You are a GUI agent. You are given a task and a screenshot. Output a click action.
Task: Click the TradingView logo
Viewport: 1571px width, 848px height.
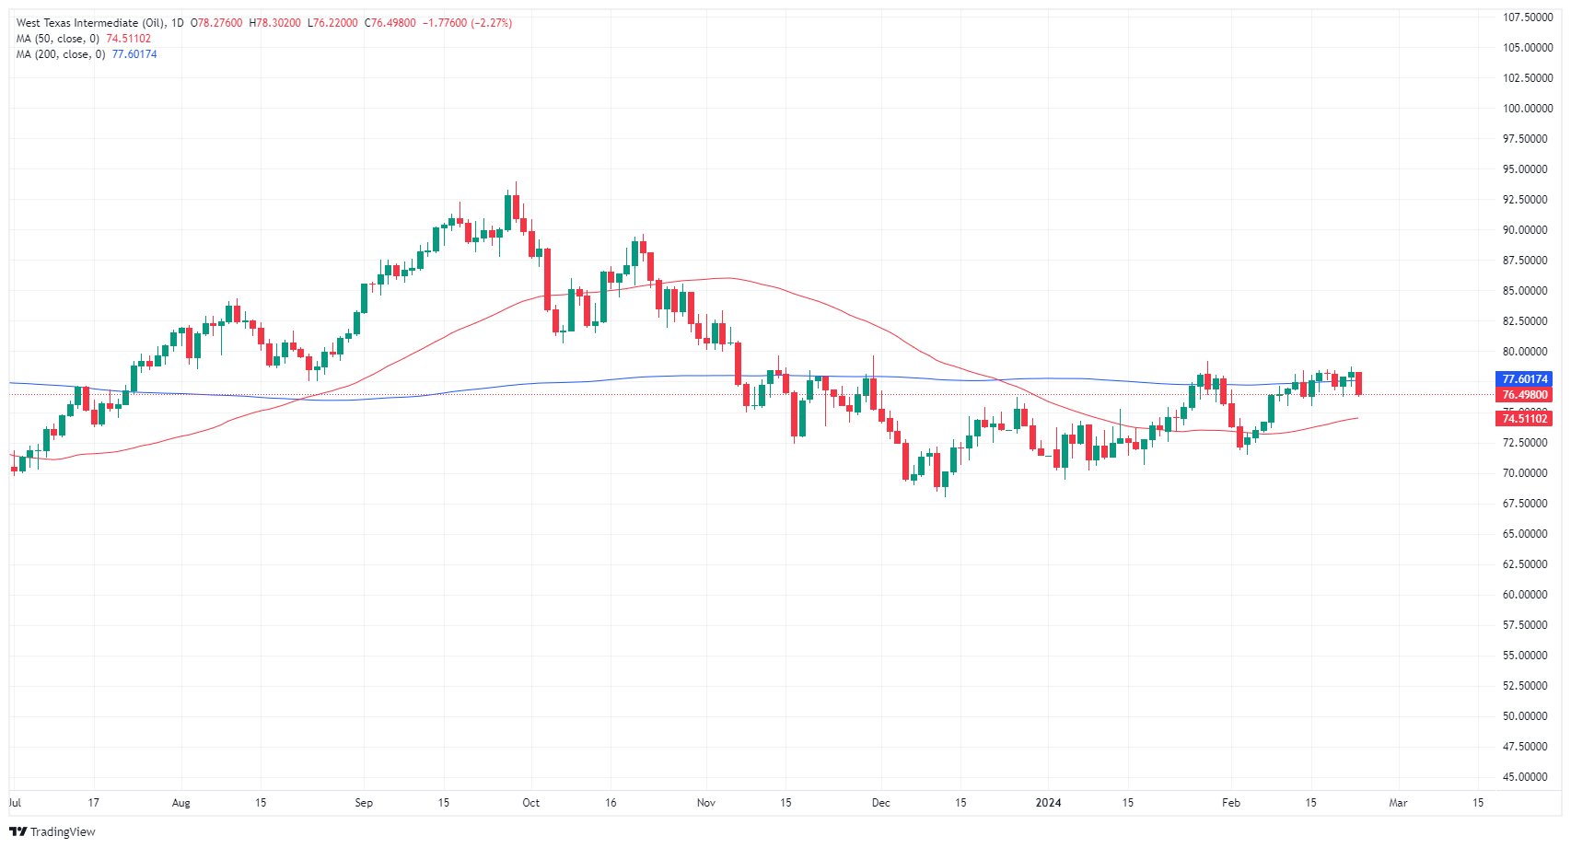tap(52, 831)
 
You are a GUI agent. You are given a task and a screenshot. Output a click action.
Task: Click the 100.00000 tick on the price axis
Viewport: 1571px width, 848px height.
tap(1527, 109)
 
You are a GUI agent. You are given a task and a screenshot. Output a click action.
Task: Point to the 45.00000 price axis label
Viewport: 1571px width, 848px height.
tap(1527, 777)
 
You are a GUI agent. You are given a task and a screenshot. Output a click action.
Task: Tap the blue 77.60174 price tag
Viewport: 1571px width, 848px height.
tap(1525, 379)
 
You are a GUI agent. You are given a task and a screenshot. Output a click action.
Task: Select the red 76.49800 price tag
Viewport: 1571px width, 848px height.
tap(1525, 395)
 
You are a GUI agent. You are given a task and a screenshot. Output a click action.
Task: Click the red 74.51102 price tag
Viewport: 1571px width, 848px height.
tap(1525, 419)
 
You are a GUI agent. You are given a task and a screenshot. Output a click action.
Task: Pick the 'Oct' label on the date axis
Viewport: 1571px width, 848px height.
tap(530, 803)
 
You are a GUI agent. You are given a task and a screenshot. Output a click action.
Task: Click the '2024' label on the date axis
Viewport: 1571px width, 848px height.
tap(1048, 803)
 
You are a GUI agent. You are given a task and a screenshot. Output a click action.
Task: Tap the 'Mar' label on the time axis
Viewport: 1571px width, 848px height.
tap(1398, 803)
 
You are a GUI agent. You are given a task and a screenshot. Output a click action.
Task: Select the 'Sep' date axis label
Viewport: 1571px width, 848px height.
tap(364, 803)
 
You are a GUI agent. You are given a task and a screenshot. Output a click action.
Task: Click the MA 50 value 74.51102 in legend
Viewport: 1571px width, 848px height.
tap(129, 39)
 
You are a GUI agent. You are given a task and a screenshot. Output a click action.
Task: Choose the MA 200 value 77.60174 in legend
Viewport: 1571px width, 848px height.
tap(134, 54)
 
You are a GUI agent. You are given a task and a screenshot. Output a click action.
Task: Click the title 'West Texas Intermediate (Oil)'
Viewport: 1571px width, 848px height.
tap(90, 23)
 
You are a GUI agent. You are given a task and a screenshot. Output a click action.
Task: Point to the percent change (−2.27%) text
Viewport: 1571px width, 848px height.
tap(492, 23)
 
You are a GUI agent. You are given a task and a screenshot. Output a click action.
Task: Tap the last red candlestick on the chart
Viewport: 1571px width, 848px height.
tap(1358, 383)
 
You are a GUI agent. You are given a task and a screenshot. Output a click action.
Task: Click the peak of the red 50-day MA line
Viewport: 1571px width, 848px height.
tap(727, 278)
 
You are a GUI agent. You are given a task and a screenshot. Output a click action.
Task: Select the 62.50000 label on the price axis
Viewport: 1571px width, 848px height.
tap(1527, 564)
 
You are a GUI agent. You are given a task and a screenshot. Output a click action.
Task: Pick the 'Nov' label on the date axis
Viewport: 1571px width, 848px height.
tap(706, 803)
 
